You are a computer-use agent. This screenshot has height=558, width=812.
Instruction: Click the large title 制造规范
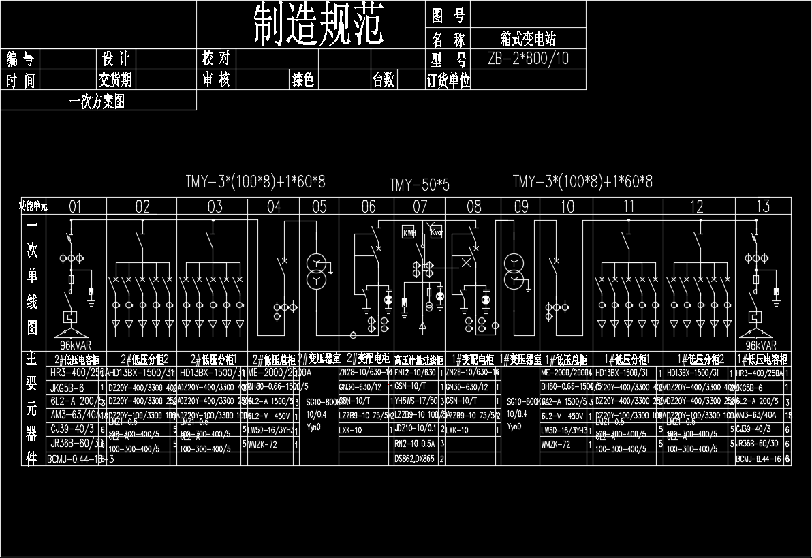(x=318, y=25)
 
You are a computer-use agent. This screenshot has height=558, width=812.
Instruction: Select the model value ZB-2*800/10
(x=528, y=59)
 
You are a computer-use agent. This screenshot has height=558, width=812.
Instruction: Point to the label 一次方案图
(x=97, y=102)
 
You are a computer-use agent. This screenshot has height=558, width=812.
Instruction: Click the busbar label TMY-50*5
(x=420, y=185)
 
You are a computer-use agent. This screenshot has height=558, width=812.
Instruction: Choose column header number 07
(x=420, y=206)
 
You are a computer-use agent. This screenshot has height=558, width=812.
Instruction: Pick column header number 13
(x=763, y=206)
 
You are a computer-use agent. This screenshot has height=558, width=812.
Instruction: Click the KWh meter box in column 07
(x=409, y=233)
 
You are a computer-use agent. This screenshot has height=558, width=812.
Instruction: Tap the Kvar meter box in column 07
(x=436, y=233)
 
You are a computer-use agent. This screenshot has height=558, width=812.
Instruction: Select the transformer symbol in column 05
(x=316, y=271)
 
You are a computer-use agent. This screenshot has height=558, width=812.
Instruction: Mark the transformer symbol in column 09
(x=514, y=271)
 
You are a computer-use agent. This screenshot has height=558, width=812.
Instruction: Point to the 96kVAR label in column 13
(x=761, y=345)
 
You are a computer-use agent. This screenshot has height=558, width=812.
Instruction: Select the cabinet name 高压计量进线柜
(x=419, y=360)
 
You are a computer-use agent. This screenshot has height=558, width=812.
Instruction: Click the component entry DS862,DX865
(x=414, y=459)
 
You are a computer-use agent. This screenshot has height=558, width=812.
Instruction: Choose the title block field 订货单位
(x=448, y=81)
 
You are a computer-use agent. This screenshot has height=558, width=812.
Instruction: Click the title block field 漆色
(x=303, y=80)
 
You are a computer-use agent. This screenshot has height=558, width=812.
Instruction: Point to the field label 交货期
(x=115, y=80)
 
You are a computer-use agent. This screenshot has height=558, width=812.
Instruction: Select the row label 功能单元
(x=33, y=205)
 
